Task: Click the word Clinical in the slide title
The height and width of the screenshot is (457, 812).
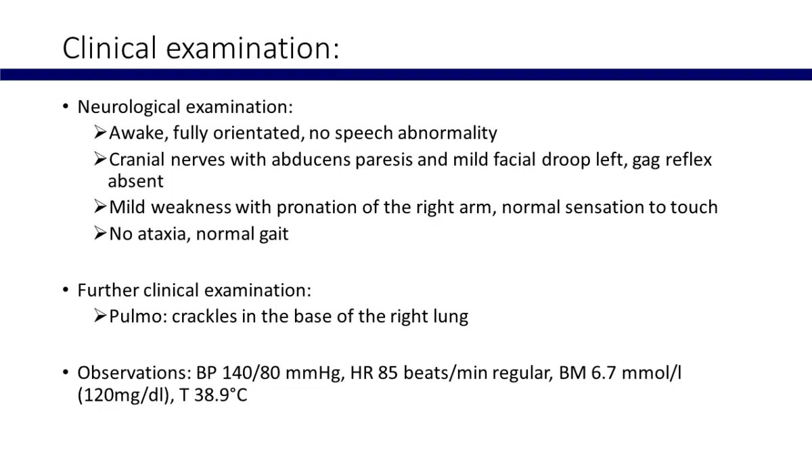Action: pyautogui.click(x=110, y=47)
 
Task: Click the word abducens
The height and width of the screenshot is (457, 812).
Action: pyautogui.click(x=311, y=160)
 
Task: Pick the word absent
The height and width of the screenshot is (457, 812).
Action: pyautogui.click(x=136, y=181)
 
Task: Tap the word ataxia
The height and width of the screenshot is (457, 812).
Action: pyautogui.click(x=164, y=234)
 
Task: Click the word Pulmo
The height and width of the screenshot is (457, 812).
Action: pyautogui.click(x=138, y=316)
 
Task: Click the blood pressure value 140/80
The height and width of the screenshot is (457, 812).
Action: pyautogui.click(x=251, y=373)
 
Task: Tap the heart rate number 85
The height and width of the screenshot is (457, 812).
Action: pyautogui.click(x=388, y=373)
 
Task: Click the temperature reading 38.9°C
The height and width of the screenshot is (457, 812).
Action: pyautogui.click(x=221, y=395)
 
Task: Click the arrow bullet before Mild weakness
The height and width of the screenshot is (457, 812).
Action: pyautogui.click(x=100, y=206)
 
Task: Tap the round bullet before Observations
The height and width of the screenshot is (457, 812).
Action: pyautogui.click(x=66, y=372)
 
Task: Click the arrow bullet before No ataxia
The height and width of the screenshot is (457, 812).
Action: pyautogui.click(x=100, y=233)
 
